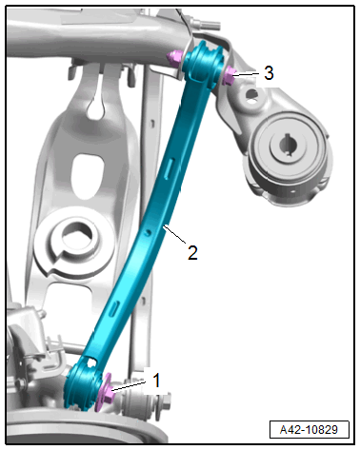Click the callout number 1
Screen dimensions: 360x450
156,381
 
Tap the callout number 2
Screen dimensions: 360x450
192,252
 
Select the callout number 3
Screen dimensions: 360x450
269,72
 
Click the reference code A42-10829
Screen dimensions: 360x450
309,430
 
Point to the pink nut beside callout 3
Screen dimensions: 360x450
229,76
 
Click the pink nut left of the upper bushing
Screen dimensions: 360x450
173,58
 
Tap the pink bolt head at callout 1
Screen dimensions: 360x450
106,392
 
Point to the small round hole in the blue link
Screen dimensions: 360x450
147,232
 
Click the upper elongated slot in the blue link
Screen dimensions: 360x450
170,167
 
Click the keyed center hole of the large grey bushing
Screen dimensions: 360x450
288,145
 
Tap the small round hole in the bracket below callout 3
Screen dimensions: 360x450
251,93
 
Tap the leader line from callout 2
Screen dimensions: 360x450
174,234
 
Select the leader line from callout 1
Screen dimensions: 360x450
129,386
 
